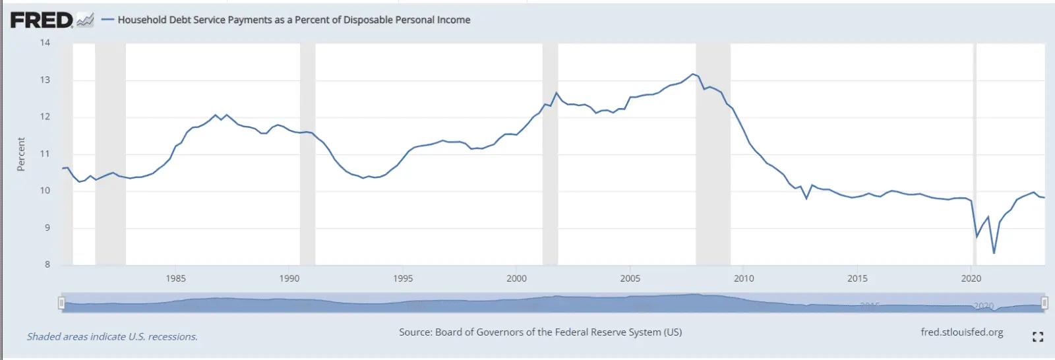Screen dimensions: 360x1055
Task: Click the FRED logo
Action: point(42,20)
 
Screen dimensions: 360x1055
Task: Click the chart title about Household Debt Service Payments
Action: point(293,20)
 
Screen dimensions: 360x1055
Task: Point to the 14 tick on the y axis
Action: point(45,43)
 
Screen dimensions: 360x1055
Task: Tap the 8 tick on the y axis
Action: point(47,264)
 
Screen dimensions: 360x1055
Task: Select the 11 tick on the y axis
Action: point(45,154)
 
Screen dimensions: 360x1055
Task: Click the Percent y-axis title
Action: point(21,154)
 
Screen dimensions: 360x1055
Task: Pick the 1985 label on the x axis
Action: point(175,278)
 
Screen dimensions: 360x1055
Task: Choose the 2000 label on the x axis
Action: point(516,278)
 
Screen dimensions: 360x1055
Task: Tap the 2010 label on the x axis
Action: point(744,278)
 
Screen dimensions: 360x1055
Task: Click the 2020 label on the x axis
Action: point(971,278)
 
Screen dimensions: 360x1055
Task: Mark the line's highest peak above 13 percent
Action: point(692,74)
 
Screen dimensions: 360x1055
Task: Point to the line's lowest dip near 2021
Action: point(994,253)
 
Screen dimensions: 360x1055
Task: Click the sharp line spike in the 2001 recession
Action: point(557,93)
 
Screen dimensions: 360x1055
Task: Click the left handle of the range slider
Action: point(61,303)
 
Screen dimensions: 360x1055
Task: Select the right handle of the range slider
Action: point(1044,303)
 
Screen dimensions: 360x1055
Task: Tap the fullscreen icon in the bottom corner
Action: point(1037,337)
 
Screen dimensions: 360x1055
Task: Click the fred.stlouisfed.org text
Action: point(961,332)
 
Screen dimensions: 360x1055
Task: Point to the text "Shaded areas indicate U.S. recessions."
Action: point(112,337)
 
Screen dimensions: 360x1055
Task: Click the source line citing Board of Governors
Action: point(540,332)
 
